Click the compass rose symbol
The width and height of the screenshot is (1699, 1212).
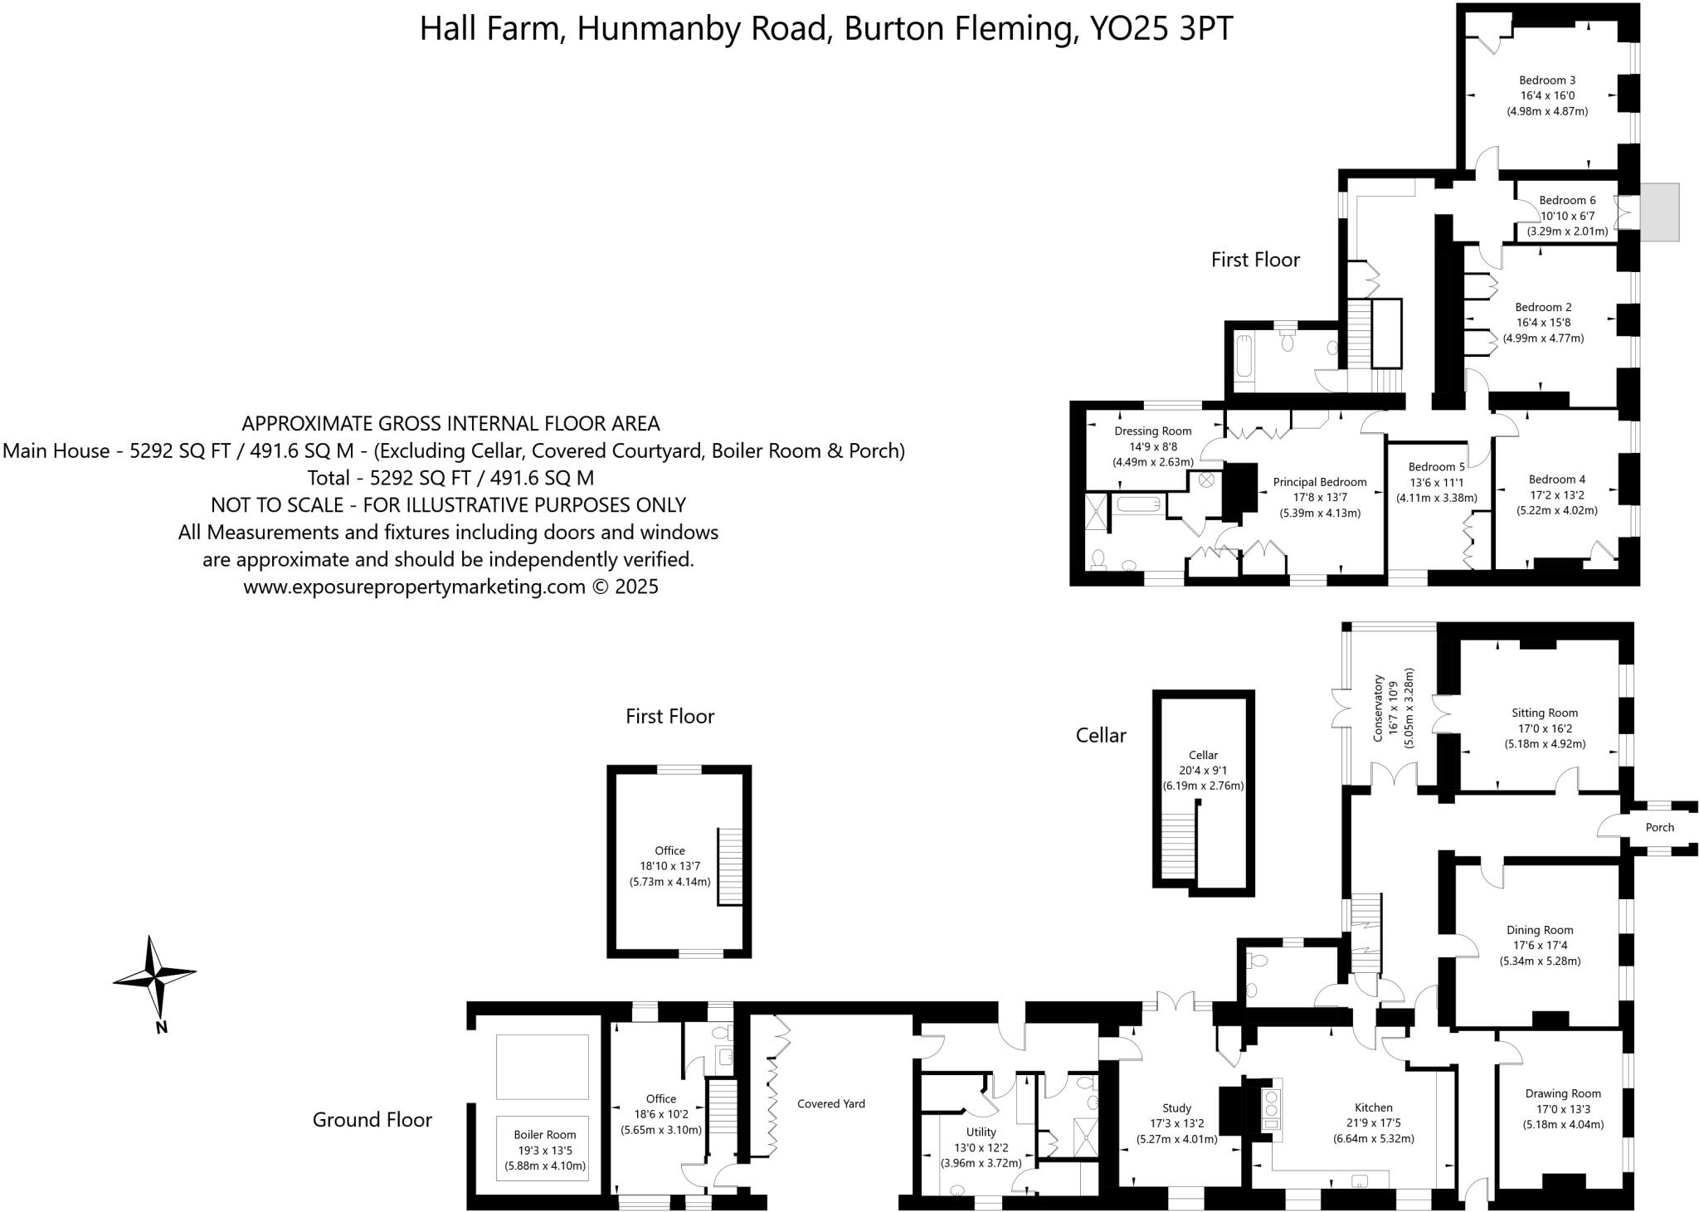click(155, 977)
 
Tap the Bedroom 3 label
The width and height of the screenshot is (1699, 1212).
click(1547, 80)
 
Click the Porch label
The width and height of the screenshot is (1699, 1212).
click(1659, 827)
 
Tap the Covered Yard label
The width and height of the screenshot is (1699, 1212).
click(830, 1103)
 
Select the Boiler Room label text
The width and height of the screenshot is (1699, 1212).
click(544, 1135)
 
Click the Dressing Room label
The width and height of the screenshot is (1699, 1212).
click(1152, 431)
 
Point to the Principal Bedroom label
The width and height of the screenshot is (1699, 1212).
click(1319, 482)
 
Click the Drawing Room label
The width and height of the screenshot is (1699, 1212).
click(1563, 1093)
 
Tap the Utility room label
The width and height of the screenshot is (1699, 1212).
click(981, 1132)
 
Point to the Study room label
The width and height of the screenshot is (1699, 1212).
click(1176, 1107)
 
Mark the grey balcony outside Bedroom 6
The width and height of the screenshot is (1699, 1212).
click(1656, 212)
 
